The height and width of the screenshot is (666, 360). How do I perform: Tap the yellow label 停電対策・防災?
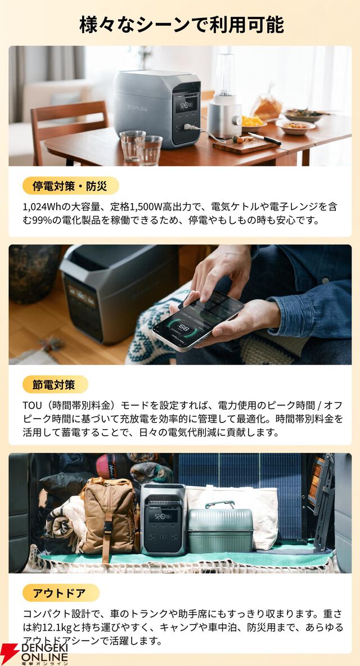point(71,186)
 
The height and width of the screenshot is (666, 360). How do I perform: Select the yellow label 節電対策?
point(55,385)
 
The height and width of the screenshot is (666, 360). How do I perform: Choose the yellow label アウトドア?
point(61,593)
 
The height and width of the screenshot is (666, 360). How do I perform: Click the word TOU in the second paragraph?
point(33,406)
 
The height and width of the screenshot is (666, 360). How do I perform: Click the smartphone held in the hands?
point(198,321)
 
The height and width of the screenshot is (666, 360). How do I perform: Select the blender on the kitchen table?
point(224,96)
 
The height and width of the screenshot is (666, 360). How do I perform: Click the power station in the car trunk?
point(163,519)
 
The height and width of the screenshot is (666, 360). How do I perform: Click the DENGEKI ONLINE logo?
point(35,653)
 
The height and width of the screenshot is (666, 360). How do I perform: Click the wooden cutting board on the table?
point(245,146)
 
